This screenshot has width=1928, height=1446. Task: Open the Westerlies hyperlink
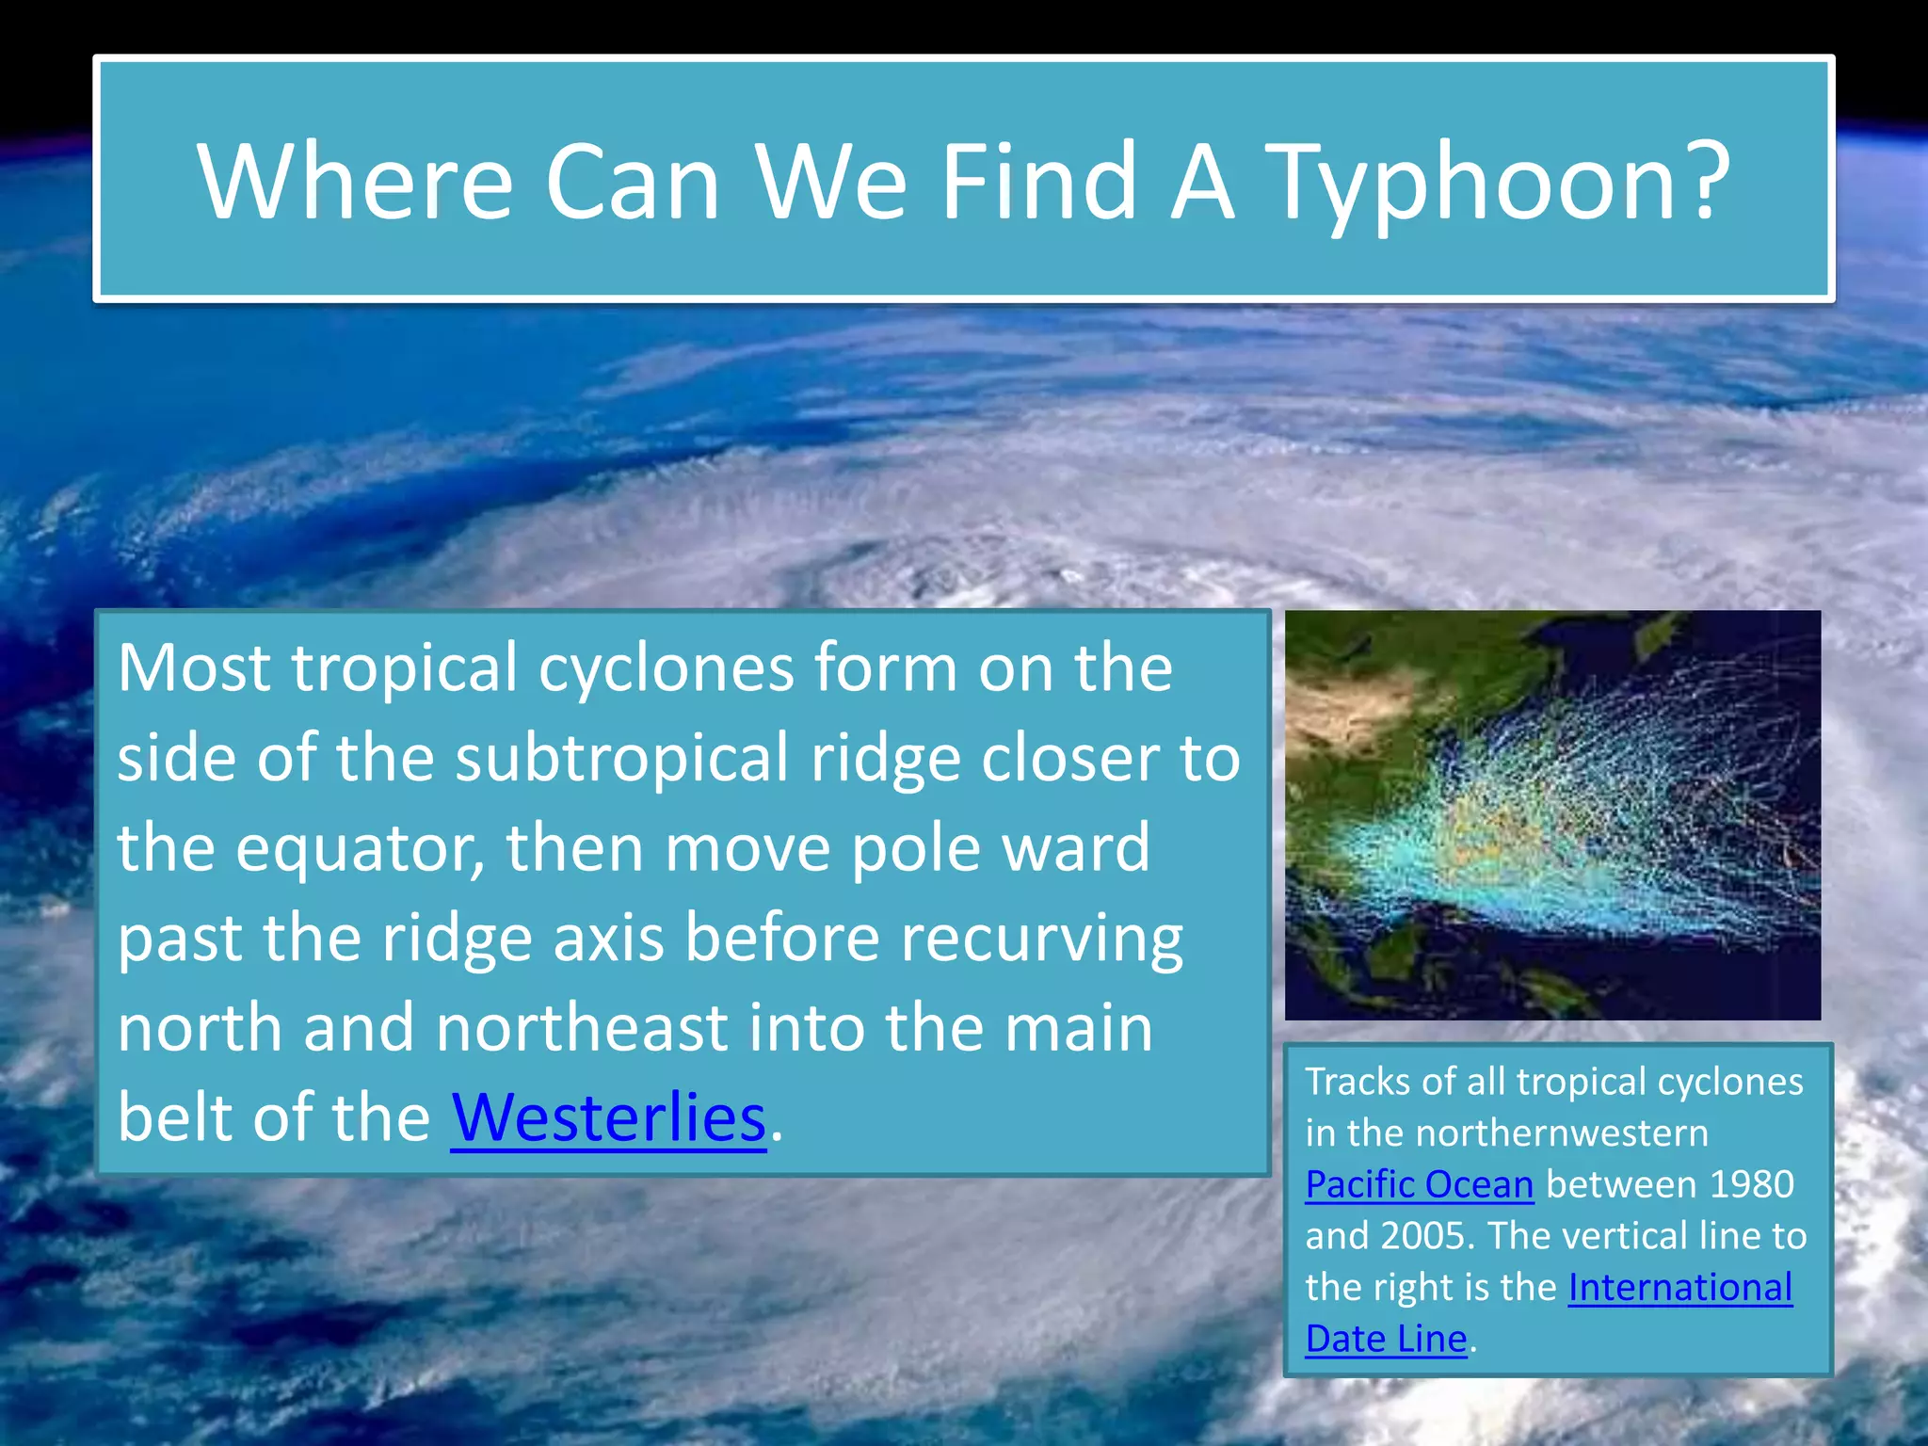tap(608, 1117)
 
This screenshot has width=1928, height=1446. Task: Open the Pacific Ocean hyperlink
tap(1419, 1184)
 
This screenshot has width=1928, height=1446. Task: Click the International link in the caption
tap(1679, 1287)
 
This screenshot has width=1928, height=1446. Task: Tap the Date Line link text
tap(1386, 1339)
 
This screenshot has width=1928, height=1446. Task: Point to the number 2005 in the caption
tap(1424, 1236)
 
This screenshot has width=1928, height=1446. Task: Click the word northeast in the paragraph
tap(581, 1027)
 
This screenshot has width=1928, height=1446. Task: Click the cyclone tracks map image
tap(1552, 815)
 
